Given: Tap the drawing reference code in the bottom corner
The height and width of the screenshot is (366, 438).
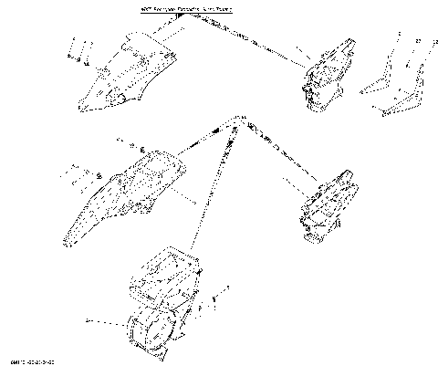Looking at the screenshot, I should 26,360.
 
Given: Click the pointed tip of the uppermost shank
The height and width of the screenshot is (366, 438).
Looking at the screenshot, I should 85,111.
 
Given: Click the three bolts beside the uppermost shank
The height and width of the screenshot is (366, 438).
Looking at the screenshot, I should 78,54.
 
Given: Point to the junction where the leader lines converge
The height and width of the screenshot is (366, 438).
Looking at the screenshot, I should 239,121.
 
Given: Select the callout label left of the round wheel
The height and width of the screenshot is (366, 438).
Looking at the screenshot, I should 88,320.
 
